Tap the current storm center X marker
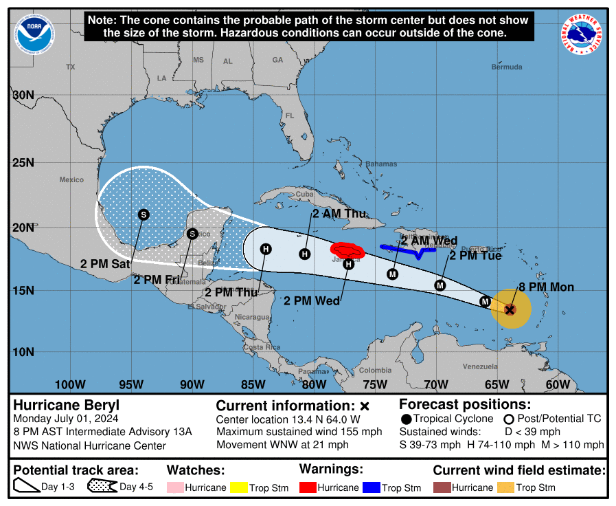510,309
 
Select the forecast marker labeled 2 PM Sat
143,214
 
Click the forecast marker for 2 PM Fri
193,234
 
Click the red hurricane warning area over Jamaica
347,248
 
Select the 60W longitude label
558,384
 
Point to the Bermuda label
507,67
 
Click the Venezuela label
479,366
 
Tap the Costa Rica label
262,347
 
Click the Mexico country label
71,179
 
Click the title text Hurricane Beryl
57,405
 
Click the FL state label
290,115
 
